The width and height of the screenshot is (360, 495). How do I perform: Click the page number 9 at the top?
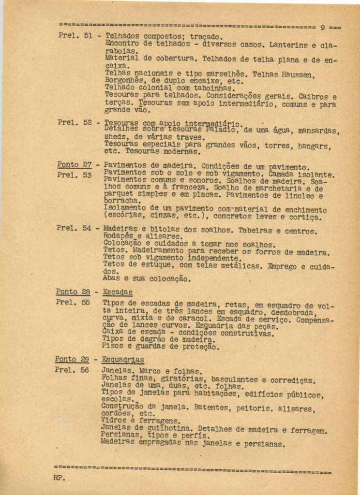click(x=323, y=27)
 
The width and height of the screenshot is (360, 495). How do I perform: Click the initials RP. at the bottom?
click(x=59, y=478)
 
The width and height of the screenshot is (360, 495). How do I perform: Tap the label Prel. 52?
click(x=75, y=122)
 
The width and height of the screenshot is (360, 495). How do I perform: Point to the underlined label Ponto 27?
click(x=74, y=164)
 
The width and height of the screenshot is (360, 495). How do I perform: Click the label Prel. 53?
click(x=74, y=175)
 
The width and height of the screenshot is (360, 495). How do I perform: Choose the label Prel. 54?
click(x=74, y=228)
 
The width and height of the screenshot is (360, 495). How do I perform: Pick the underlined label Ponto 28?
click(x=73, y=291)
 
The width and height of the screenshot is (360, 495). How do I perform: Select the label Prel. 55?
click(x=73, y=302)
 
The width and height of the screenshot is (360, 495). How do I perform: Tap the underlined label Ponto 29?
click(x=73, y=359)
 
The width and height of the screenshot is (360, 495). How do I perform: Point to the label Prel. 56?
click(x=72, y=370)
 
